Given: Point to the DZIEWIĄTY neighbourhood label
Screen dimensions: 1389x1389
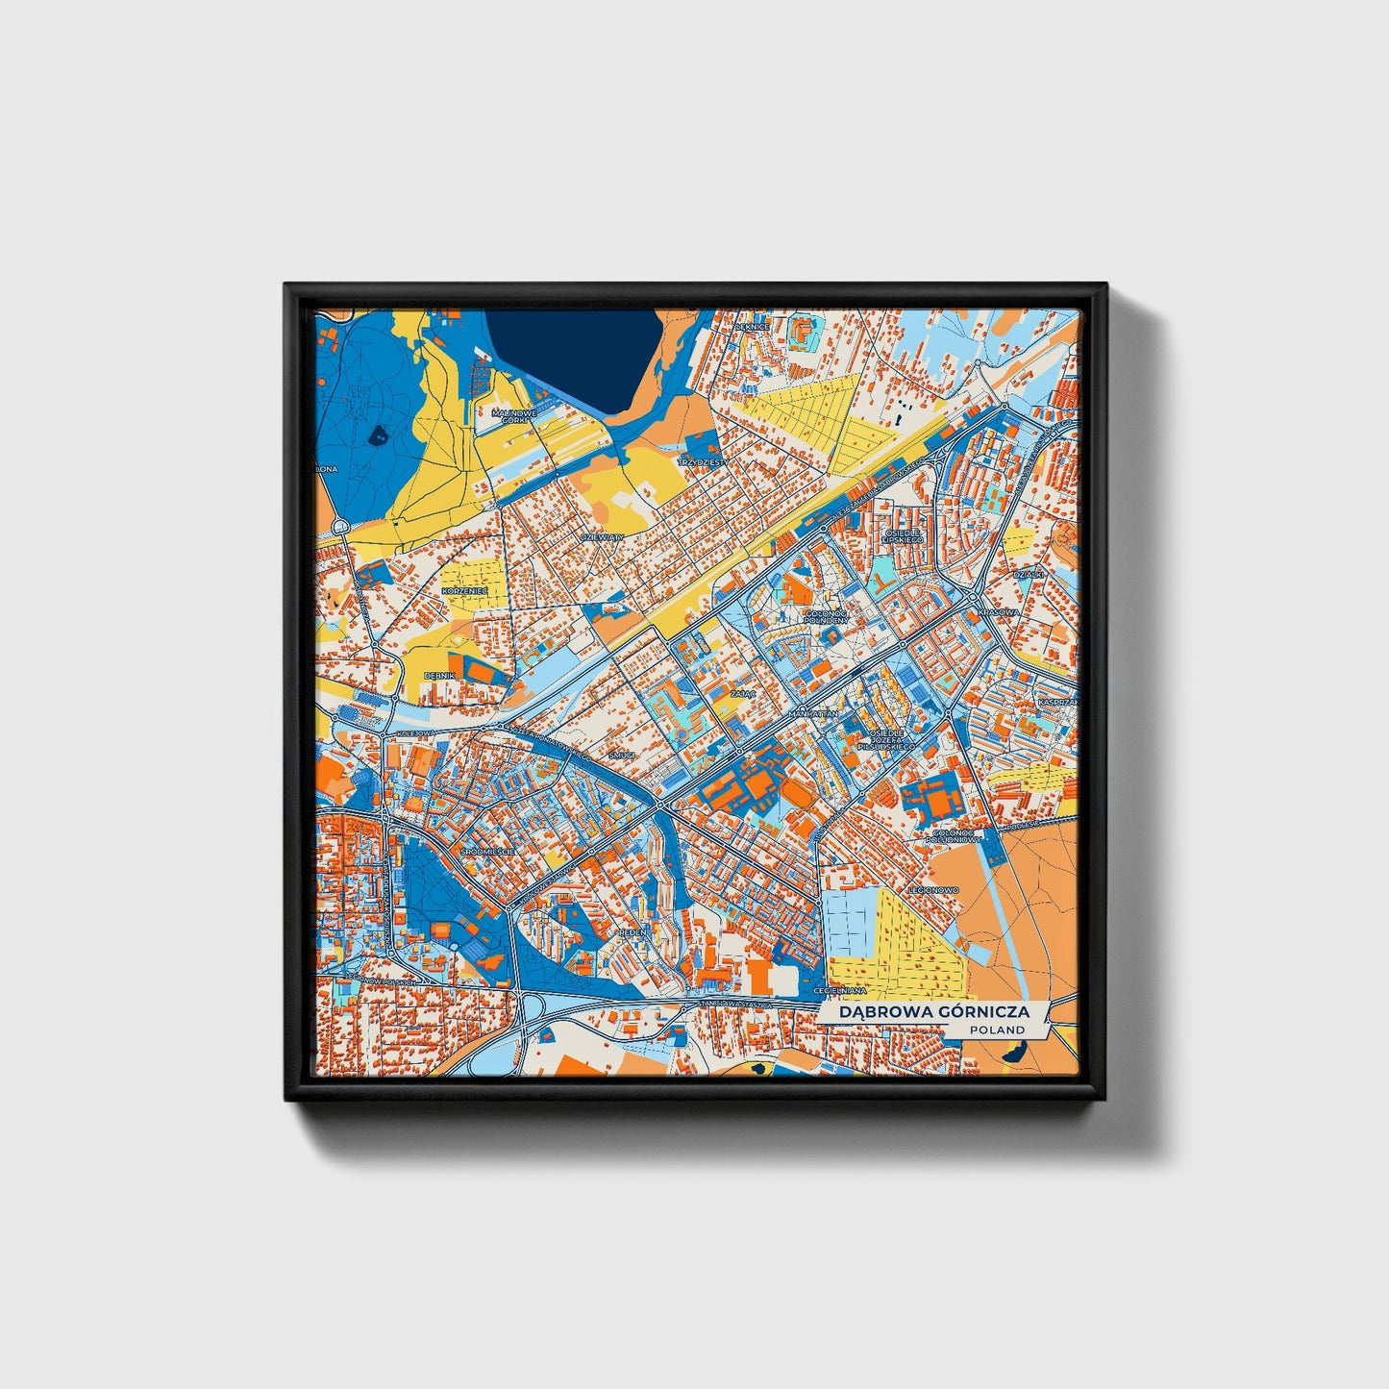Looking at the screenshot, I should click(x=603, y=536).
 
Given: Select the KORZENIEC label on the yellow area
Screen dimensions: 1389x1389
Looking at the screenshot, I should click(x=466, y=589).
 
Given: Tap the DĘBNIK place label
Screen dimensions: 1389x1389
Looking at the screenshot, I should click(x=439, y=676).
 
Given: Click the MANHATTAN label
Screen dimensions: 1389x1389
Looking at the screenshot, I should click(x=814, y=714).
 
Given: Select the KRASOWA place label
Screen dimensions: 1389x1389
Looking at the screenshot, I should click(x=997, y=611).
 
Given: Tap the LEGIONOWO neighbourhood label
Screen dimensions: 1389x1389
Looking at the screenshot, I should click(x=936, y=890).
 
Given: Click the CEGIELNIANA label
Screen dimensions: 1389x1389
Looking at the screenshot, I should click(x=839, y=990).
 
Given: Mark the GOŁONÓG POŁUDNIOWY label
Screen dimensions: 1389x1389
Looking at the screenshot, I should click(x=952, y=836).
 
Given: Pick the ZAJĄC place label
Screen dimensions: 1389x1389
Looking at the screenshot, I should click(x=742, y=692).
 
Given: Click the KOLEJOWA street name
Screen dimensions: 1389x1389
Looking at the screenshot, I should click(x=415, y=732).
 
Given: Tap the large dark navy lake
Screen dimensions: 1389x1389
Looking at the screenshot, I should click(x=567, y=356).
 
